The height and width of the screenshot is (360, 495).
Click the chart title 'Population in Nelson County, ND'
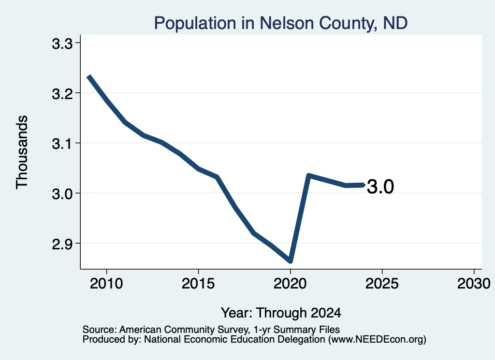[x=281, y=23]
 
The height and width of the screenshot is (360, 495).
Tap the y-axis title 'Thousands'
[x=22, y=152]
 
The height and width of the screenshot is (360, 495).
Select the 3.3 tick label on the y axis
[x=62, y=44]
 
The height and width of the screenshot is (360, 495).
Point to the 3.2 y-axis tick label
[x=62, y=94]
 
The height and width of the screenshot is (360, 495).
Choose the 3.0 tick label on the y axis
[x=62, y=194]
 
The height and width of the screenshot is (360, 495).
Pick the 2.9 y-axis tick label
[x=62, y=244]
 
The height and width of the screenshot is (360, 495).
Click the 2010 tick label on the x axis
[x=106, y=284]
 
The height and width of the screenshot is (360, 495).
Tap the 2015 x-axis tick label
[x=198, y=284]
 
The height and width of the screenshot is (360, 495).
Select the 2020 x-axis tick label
[x=290, y=284]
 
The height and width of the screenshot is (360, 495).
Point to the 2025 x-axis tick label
[x=382, y=284]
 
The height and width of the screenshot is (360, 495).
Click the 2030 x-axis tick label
[x=474, y=284]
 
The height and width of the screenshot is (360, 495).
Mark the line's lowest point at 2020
[x=291, y=261]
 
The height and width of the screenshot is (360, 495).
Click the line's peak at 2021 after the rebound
[x=309, y=176]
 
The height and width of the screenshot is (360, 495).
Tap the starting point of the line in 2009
[x=89, y=76]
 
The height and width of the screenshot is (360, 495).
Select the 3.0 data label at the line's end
[x=380, y=187]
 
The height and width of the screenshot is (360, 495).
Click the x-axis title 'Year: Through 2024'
[x=281, y=313]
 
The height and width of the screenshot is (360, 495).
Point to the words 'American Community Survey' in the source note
[x=183, y=330]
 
